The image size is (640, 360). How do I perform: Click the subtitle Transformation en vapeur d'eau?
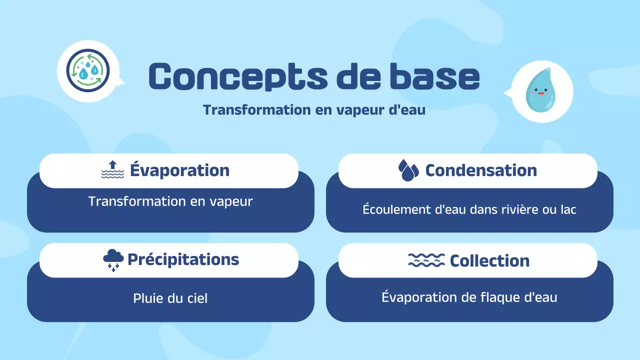(314, 110)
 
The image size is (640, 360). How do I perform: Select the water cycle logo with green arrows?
(87, 70)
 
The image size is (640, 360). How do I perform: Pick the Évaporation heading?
(179, 170)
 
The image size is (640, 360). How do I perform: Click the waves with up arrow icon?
(112, 170)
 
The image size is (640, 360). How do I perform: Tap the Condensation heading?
(480, 170)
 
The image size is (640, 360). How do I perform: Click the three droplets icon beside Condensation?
(408, 170)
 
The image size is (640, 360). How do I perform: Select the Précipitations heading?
(183, 259)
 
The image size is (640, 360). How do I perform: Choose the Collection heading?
(489, 260)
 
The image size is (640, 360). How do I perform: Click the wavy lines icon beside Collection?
(426, 260)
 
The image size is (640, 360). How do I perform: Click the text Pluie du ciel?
(170, 298)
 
